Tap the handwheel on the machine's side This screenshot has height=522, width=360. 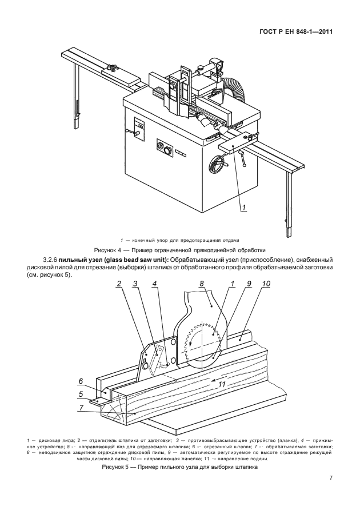[x=218, y=164]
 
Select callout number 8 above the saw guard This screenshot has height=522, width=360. [x=202, y=284]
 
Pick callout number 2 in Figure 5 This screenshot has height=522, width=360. [x=119, y=284]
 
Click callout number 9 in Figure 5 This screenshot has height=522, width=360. [x=249, y=284]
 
